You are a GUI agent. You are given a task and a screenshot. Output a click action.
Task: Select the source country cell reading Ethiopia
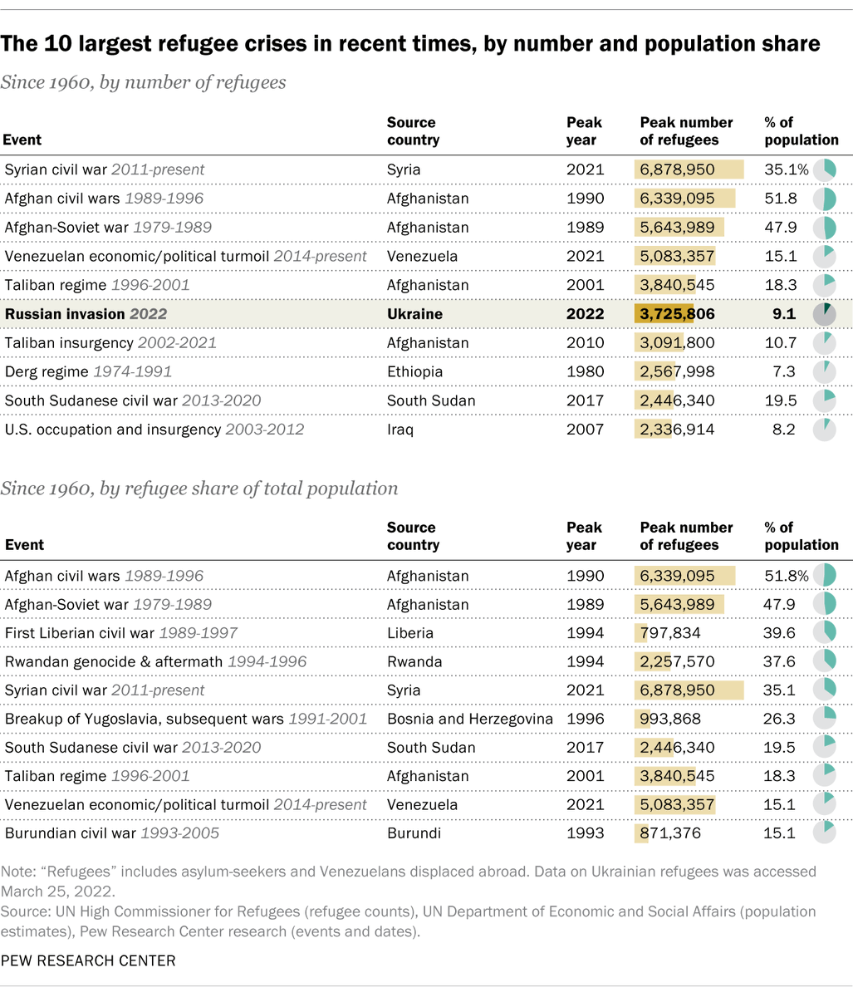tap(414, 371)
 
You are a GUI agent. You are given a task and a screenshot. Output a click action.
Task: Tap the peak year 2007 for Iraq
tap(584, 430)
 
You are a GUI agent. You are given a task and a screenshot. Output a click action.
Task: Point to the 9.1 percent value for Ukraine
tap(782, 314)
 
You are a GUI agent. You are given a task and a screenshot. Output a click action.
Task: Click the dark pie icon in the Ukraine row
tap(824, 314)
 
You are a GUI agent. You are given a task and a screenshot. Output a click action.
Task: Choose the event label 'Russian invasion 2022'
tap(86, 314)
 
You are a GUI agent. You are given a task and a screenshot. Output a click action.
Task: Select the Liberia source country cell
tap(410, 633)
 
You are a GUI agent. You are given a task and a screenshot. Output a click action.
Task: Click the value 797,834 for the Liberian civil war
tap(670, 633)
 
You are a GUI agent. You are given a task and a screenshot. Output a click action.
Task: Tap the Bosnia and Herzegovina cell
tap(470, 719)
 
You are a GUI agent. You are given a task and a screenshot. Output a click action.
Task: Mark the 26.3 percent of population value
tap(780, 719)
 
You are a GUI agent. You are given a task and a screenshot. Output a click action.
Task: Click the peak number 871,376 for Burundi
tap(670, 833)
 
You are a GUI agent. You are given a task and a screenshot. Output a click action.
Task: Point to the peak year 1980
tap(584, 371)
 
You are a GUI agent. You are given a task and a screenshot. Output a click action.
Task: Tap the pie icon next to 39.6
tap(824, 633)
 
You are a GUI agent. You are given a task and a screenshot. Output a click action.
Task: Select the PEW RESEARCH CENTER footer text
tap(88, 960)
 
